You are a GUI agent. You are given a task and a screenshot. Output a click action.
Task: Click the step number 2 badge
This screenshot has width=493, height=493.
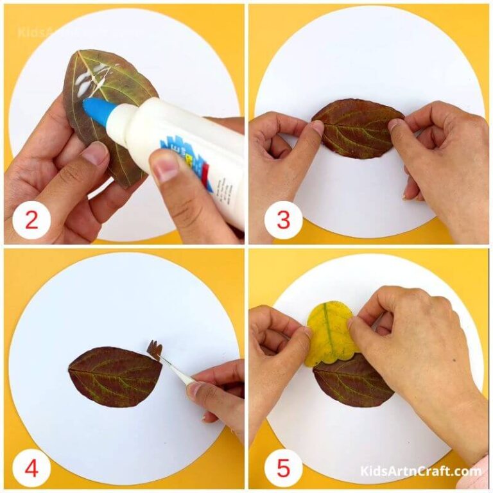[x=30, y=221]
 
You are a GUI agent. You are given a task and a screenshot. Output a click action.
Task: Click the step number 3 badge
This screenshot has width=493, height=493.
[x=283, y=221]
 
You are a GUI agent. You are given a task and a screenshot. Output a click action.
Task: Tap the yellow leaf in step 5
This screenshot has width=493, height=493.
[x=329, y=331]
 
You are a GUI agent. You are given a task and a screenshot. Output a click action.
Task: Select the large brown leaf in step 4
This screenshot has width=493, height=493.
[x=113, y=376]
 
